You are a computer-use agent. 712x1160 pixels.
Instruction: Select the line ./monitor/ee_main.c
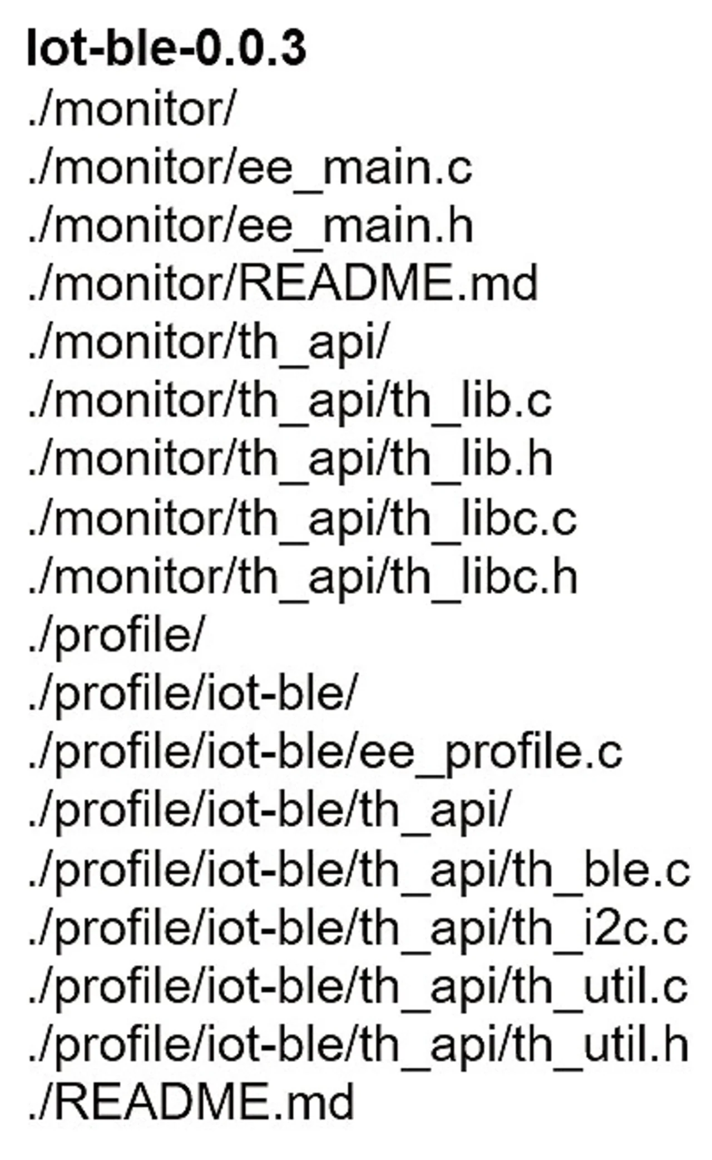250,167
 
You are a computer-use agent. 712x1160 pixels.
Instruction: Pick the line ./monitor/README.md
283,284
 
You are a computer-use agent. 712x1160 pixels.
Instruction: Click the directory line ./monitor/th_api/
207,343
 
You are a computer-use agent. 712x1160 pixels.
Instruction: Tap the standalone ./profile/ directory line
116,635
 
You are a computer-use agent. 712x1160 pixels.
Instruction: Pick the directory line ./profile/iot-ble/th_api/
269,811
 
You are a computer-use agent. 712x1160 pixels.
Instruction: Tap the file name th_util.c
600,987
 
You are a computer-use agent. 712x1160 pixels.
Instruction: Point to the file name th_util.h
600,1045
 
